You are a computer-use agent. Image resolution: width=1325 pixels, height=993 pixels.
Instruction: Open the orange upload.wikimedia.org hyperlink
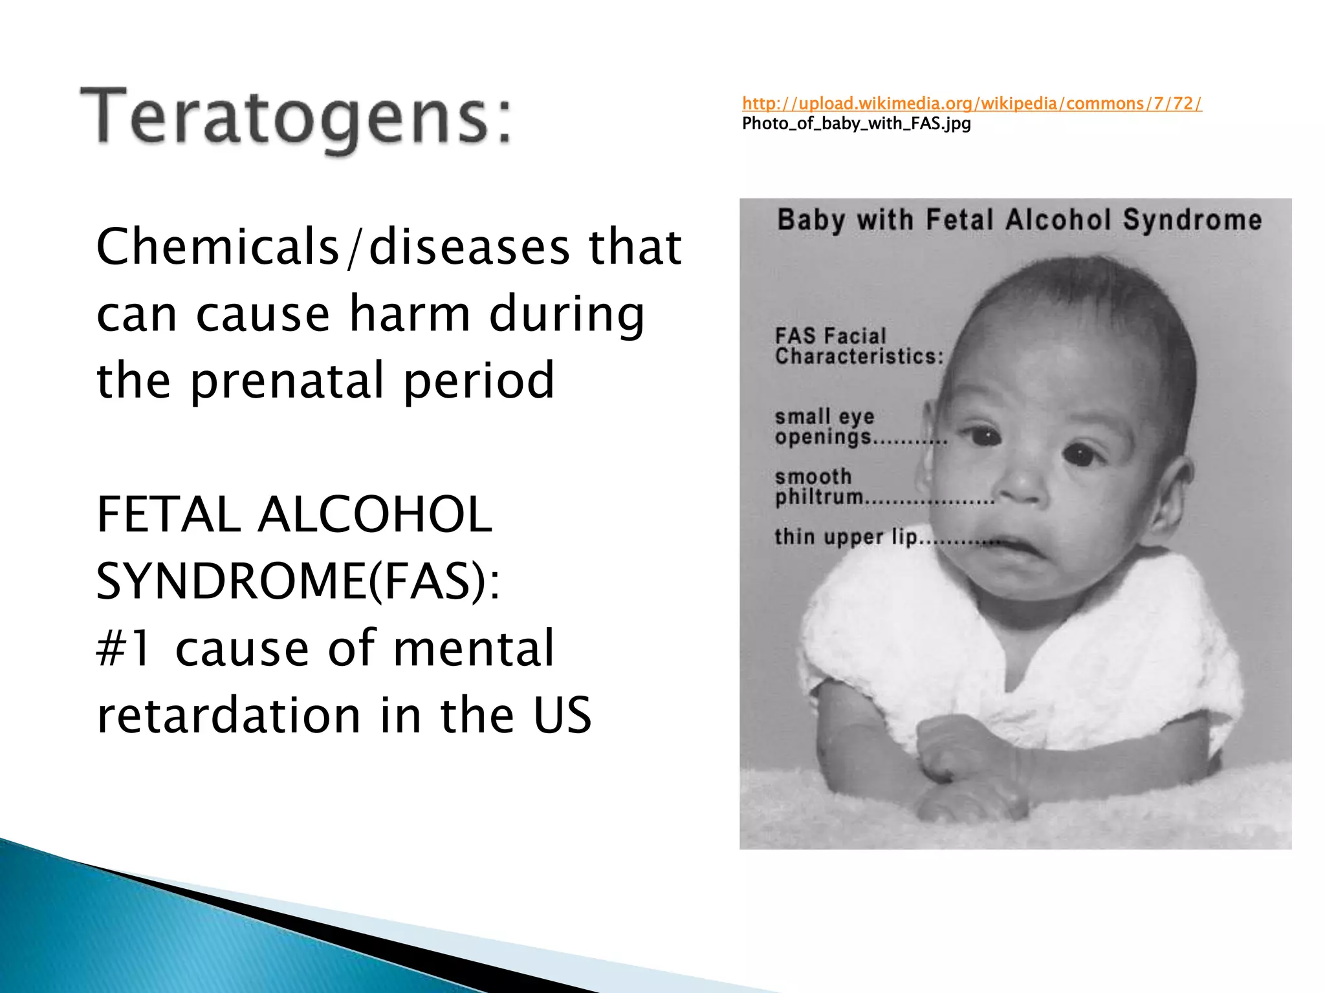pyautogui.click(x=971, y=103)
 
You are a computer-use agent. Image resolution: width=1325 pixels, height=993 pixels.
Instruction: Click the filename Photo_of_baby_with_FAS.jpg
pyautogui.click(x=856, y=123)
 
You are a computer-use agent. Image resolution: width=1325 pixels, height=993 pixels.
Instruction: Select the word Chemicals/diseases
pyautogui.click(x=217, y=247)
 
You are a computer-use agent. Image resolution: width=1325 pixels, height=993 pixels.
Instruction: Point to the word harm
pyautogui.click(x=410, y=314)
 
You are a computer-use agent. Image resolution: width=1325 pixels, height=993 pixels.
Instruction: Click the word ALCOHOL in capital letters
pyautogui.click(x=375, y=515)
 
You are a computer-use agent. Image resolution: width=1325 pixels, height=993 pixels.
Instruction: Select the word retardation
pyautogui.click(x=228, y=715)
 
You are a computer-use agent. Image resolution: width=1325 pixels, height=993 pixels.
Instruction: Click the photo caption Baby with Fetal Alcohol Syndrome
pyautogui.click(x=1019, y=220)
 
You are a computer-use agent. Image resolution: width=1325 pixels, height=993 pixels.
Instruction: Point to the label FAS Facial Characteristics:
pyautogui.click(x=859, y=347)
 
